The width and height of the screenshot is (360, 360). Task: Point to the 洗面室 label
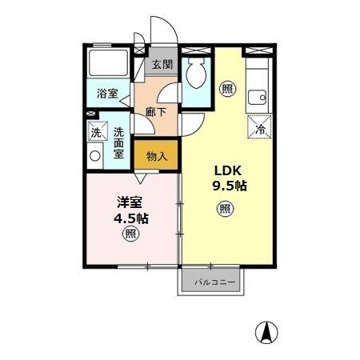[119, 142]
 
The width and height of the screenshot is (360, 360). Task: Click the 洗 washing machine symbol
[96, 131]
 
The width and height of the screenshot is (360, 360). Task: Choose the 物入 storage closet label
[156, 155]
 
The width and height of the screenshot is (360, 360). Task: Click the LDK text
[226, 170]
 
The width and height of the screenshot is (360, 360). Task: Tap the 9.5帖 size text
[229, 186]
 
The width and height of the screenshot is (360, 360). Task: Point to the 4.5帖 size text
[130, 218]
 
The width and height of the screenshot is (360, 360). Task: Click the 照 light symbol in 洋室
[130, 234]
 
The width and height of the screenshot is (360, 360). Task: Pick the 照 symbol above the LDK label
[228, 90]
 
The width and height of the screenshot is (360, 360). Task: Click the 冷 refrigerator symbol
[260, 126]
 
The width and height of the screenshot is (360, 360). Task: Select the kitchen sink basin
[257, 98]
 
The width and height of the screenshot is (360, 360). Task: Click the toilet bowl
[196, 77]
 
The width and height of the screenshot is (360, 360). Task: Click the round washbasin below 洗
[96, 156]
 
